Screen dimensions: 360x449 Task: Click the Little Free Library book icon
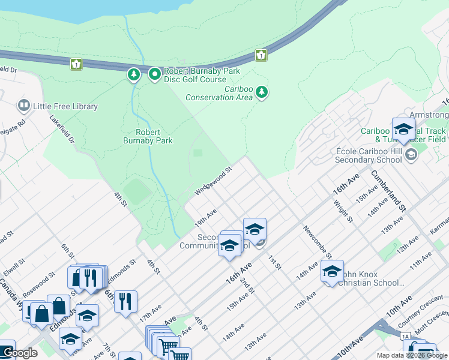24,106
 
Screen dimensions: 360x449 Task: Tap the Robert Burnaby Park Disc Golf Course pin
155,74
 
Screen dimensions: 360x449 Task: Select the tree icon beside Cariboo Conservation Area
261,92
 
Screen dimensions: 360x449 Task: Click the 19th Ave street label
205,218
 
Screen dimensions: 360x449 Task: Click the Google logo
19,353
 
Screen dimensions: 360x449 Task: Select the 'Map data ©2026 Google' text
411,355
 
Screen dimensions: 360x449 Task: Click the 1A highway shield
406,336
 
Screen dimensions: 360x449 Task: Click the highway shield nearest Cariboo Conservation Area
261,55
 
